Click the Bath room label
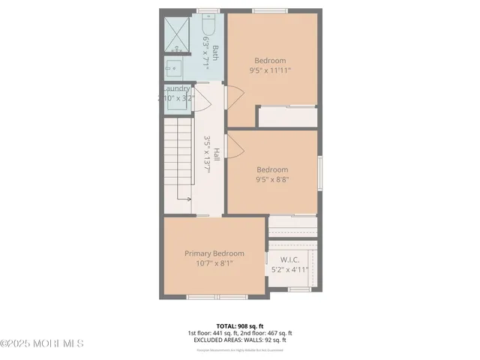tap(215, 52)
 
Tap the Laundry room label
tap(180, 88)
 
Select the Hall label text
tap(216, 154)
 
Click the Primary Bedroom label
tap(214, 253)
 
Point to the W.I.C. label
tap(289, 259)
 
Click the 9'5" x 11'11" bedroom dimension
tap(270, 70)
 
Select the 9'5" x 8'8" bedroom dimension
tap(271, 179)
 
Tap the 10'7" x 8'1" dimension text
tap(214, 263)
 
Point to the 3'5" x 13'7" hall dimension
tap(208, 154)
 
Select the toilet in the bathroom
tap(208, 30)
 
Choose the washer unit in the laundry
tap(177, 101)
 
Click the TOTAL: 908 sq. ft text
tap(239, 325)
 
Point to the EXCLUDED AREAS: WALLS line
tap(239, 340)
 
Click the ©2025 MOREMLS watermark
tap(42, 343)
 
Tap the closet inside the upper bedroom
tap(286, 117)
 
